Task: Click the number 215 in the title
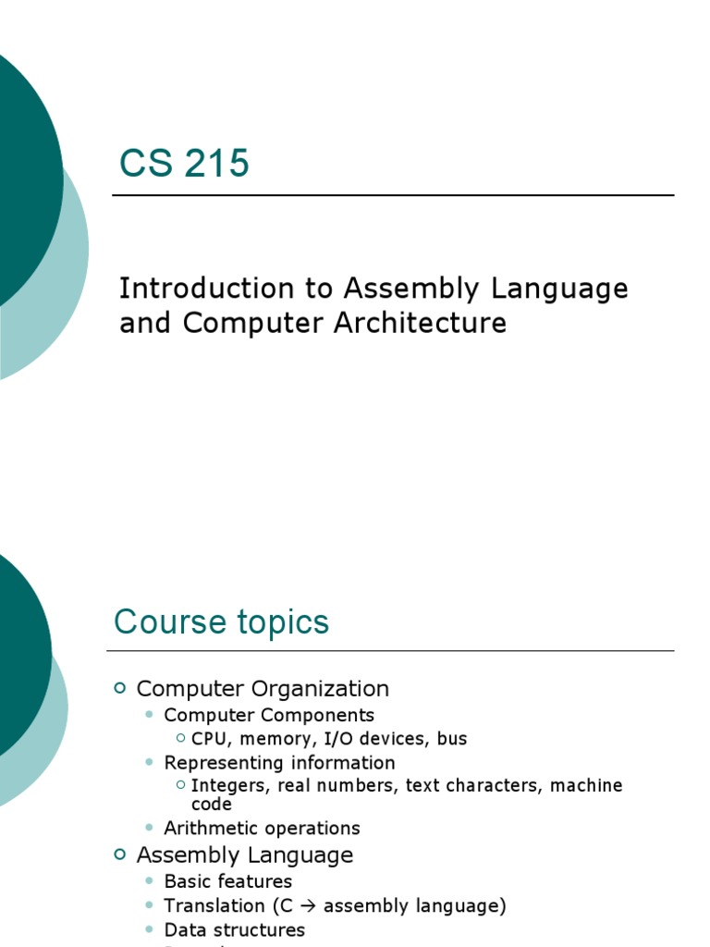pos(216,164)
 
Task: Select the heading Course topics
pos(221,622)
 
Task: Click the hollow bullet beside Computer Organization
pos(119,687)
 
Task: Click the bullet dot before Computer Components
pos(151,715)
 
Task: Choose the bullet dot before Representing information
pos(151,763)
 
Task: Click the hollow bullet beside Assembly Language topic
pos(119,855)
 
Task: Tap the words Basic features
pos(227,881)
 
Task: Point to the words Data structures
pos(234,930)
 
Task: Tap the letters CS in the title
pos(146,164)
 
